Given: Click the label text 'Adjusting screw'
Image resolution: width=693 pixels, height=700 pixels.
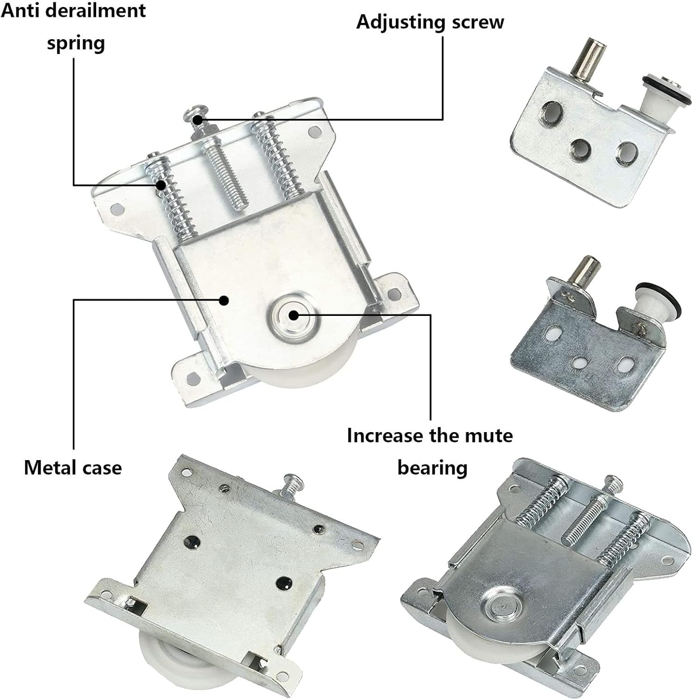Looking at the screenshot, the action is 430,22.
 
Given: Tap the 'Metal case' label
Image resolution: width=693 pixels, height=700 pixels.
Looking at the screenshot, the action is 73,467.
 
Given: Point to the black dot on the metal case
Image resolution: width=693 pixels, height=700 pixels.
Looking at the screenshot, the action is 225,300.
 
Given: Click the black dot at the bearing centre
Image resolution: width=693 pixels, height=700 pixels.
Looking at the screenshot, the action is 293,315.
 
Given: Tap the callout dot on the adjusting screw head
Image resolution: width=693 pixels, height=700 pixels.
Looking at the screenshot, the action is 198,120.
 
